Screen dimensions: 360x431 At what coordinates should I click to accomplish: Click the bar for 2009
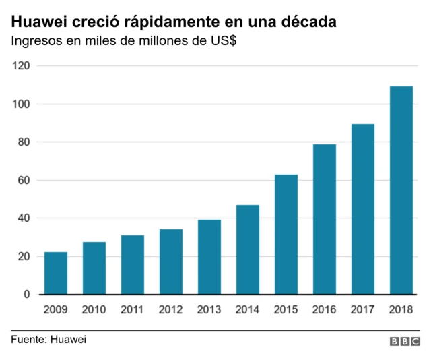click(55, 273)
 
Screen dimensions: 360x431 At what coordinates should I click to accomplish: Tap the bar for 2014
click(247, 249)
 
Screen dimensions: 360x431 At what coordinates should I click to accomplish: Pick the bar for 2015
click(286, 235)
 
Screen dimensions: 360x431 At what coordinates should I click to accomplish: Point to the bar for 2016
click(324, 219)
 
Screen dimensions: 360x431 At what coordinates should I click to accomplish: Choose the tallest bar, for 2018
click(401, 190)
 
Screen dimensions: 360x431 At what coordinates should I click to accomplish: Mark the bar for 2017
click(362, 209)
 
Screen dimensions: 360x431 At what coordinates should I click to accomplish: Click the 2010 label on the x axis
click(94, 310)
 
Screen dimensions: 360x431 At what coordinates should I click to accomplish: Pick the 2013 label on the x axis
click(209, 310)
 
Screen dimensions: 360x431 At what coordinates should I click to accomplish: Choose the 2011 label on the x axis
click(132, 310)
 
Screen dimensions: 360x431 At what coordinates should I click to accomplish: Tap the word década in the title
click(307, 22)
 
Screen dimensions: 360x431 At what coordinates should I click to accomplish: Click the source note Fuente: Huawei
click(48, 339)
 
